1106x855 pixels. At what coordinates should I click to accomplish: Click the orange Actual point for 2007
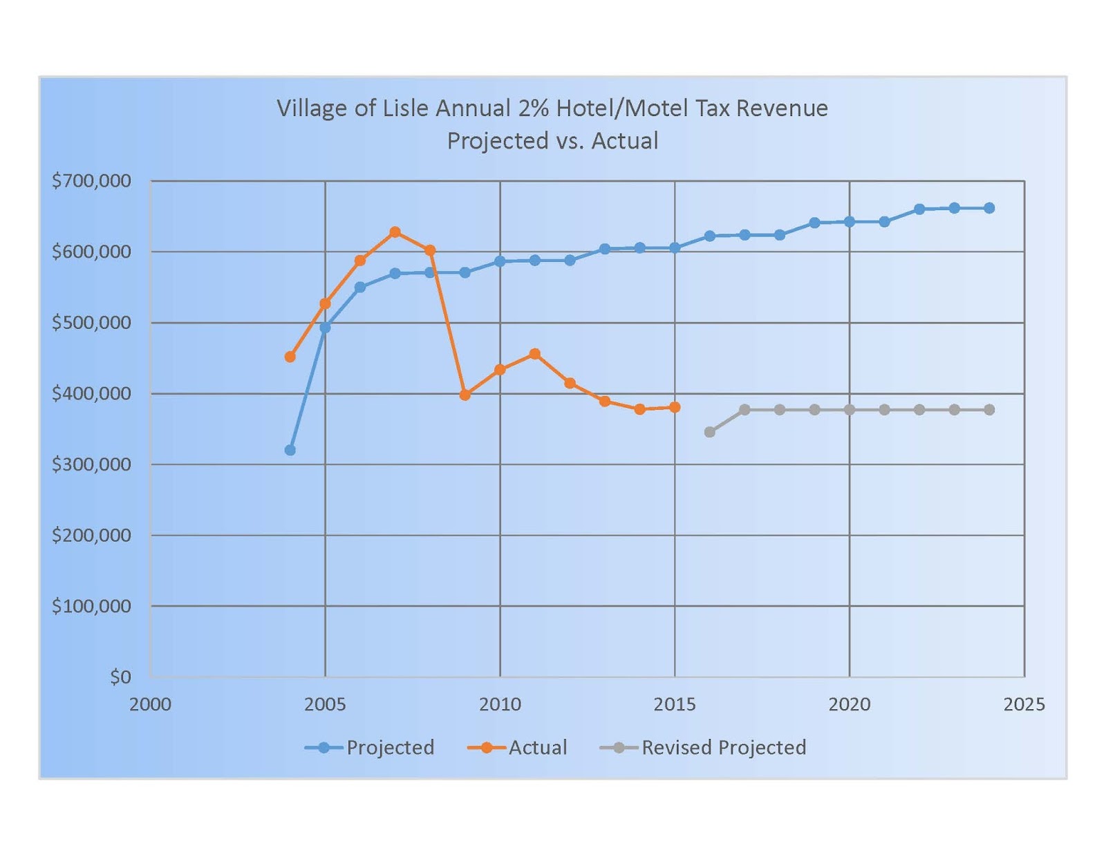395,232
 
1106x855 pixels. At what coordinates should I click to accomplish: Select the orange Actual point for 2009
465,395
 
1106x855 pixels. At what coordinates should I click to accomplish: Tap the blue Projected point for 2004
290,450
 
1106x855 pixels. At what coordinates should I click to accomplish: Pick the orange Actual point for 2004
290,357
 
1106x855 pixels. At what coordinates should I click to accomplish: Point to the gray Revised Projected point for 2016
709,432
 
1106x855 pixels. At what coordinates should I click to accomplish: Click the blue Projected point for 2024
989,208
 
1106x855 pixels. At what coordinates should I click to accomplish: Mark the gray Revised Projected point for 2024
989,410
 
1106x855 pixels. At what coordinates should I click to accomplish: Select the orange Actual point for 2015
675,407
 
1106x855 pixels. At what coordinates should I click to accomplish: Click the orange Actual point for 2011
534,354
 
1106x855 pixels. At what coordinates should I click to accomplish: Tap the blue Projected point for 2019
814,223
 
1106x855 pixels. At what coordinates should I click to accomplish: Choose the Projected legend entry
370,747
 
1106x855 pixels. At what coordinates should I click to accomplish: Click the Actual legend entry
518,747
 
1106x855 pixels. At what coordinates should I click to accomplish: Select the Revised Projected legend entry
703,747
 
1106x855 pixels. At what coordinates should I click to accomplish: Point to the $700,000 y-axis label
91,181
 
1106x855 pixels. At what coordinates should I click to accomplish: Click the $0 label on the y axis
120,677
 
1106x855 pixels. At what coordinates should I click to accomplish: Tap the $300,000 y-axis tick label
91,464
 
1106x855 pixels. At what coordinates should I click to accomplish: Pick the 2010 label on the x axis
500,704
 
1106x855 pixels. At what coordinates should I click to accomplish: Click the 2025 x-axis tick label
1024,704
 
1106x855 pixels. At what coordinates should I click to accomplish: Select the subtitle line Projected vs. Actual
552,141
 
